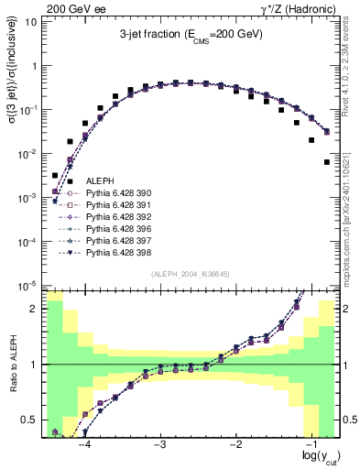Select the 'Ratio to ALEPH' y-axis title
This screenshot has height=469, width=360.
[12, 365]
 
